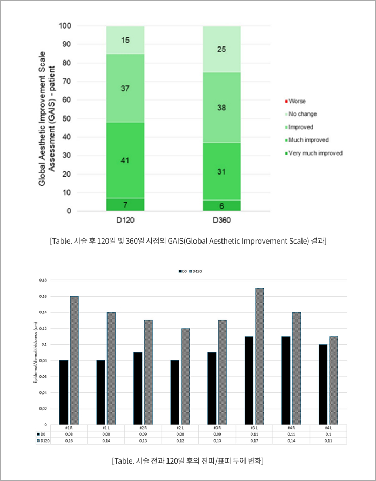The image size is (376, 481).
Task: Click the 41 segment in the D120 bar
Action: (x=125, y=160)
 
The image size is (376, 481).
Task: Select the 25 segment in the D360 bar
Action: (x=221, y=50)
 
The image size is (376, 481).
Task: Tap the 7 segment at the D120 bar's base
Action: (x=125, y=205)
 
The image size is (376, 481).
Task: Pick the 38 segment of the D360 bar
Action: (x=221, y=108)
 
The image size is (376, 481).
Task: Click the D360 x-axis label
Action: (x=221, y=221)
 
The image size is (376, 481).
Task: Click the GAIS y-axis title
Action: (x=47, y=119)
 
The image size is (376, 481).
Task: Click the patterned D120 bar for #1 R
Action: (x=74, y=360)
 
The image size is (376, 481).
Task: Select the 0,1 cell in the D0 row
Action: (x=328, y=434)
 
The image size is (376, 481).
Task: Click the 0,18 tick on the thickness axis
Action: (x=44, y=280)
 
